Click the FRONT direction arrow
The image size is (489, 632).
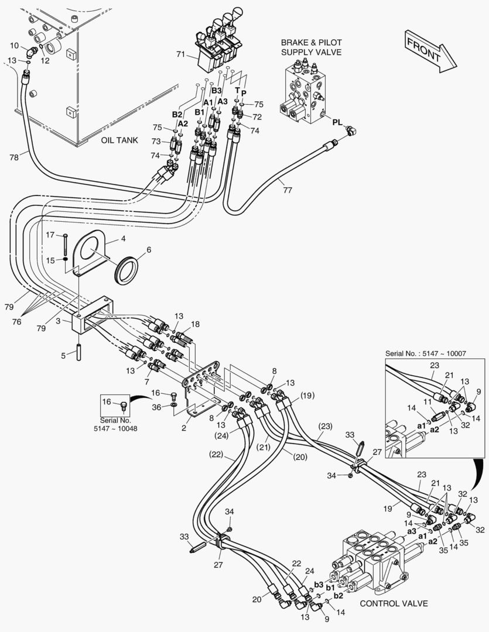pos(427,51)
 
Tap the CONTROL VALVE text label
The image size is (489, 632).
pos(394,603)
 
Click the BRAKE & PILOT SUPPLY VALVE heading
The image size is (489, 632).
pos(311,47)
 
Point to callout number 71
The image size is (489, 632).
pos(180,55)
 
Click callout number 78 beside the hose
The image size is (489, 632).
pos(13,156)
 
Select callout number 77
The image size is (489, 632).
pos(286,189)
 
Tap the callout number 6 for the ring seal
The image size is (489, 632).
pos(149,249)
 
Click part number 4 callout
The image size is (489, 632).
pos(123,239)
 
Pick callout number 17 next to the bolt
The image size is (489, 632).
pos(50,235)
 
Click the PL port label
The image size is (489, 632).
pos(337,122)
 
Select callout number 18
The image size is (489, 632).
pos(194,324)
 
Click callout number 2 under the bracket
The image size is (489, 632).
pos(183,428)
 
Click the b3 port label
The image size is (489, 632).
pos(319,585)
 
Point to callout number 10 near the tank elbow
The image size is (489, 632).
pos(15,45)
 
